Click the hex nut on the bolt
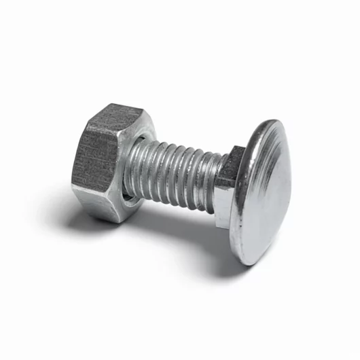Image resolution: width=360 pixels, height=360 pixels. [109, 163]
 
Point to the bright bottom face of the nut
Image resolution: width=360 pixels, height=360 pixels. [109, 207]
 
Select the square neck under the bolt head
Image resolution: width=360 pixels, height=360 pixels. [229, 183]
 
